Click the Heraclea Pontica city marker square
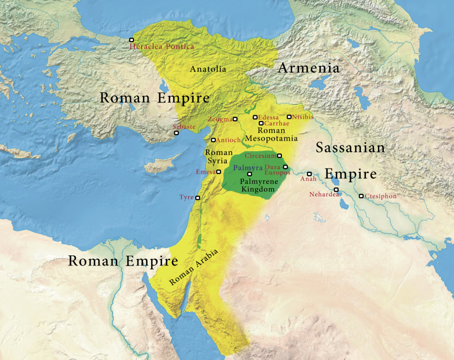pyautogui.click(x=132, y=40)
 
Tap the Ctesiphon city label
pyautogui.click(x=381, y=196)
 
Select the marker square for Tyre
pyautogui.click(x=197, y=198)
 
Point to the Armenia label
pyautogui.click(x=309, y=68)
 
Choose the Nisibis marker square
pyautogui.click(x=289, y=117)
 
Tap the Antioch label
pyautogui.click(x=228, y=140)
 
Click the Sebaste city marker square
pyautogui.click(x=176, y=133)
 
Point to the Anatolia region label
pyautogui.click(x=208, y=69)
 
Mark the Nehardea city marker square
pyautogui.click(x=336, y=189)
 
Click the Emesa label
pyautogui.click(x=206, y=172)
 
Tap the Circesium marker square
pyautogui.click(x=279, y=155)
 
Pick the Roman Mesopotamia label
pyautogui.click(x=271, y=134)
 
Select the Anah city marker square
pyautogui.click(x=309, y=174)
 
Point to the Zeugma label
pyautogui.click(x=220, y=119)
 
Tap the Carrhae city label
pyautogui.click(x=277, y=123)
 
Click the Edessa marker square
pyautogui.click(x=255, y=117)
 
